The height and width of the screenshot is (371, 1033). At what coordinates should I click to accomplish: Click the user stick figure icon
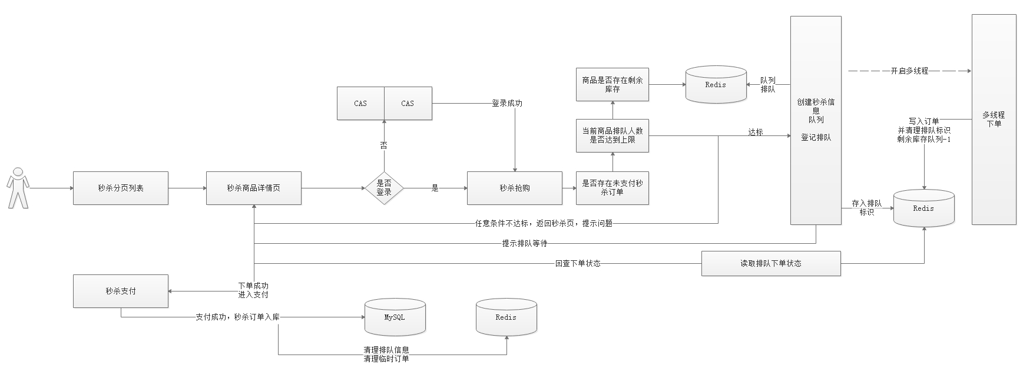pyautogui.click(x=19, y=188)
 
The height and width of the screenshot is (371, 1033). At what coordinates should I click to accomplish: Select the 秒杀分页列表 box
pyautogui.click(x=121, y=188)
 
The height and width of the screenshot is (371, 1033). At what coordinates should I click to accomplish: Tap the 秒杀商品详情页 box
pyautogui.click(x=254, y=188)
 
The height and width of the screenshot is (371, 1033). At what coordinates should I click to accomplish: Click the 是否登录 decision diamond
pyautogui.click(x=384, y=188)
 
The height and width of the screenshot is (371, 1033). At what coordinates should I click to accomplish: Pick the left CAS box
pyautogui.click(x=360, y=104)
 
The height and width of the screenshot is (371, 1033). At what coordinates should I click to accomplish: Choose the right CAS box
pyautogui.click(x=408, y=104)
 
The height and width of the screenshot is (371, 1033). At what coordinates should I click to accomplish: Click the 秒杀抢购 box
pyautogui.click(x=515, y=188)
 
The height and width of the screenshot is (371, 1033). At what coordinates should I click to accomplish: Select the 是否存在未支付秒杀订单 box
pyautogui.click(x=612, y=188)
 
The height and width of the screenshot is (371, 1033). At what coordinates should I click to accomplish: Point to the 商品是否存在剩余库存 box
pyautogui.click(x=612, y=85)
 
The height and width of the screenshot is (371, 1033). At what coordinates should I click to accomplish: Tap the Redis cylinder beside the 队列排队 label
pyautogui.click(x=716, y=85)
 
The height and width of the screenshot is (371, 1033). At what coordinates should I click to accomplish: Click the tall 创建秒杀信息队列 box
pyautogui.click(x=816, y=120)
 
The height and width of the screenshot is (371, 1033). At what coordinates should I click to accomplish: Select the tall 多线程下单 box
pyautogui.click(x=994, y=120)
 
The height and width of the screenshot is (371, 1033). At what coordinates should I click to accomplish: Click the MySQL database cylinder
pyautogui.click(x=395, y=317)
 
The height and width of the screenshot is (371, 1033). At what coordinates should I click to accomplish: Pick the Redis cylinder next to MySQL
pyautogui.click(x=506, y=317)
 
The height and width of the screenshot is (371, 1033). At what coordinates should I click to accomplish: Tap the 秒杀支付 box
pyautogui.click(x=121, y=291)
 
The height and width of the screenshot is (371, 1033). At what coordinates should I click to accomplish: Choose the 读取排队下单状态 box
pyautogui.click(x=771, y=263)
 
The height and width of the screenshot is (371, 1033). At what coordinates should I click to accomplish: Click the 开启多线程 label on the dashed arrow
pyautogui.click(x=909, y=71)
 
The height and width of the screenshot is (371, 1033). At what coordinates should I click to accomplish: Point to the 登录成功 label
pyautogui.click(x=507, y=104)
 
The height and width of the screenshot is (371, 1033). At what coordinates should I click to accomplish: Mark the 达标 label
pyautogui.click(x=756, y=132)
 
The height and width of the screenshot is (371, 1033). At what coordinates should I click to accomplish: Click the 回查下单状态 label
pyautogui.click(x=578, y=264)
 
